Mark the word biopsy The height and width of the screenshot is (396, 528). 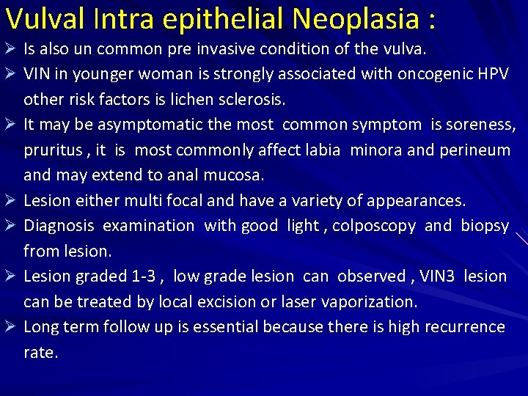pos(485,226)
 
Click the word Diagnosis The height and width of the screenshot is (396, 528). pos(58,226)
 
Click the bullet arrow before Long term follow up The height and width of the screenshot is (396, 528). pos(11,326)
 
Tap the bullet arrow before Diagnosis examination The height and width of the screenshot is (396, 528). pos(11,226)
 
